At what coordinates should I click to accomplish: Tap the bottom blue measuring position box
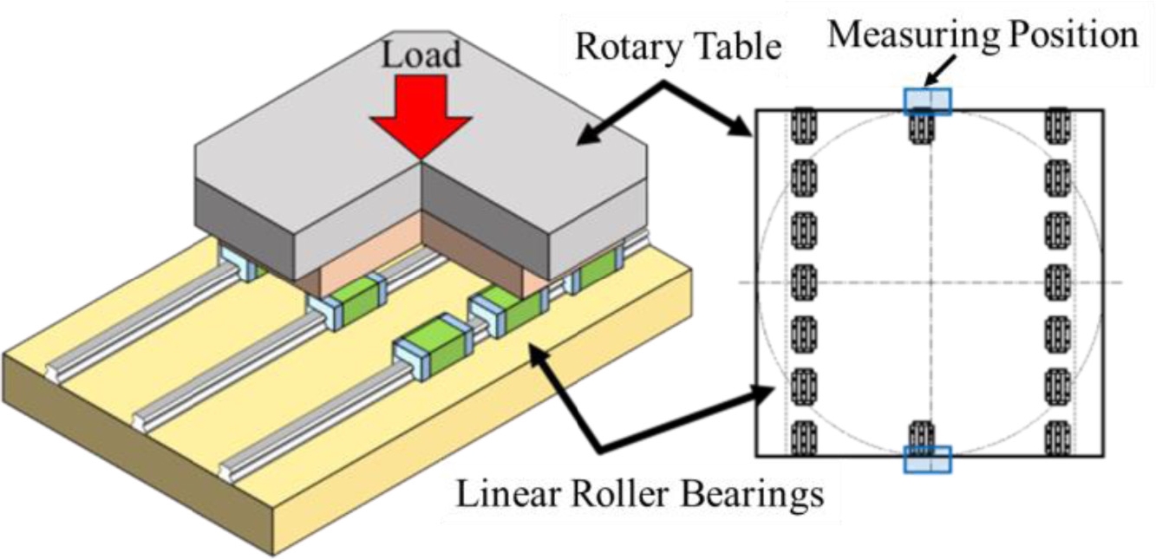[927, 459]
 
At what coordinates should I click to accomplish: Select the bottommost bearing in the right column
[1057, 438]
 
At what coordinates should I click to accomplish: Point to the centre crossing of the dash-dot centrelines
[929, 283]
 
